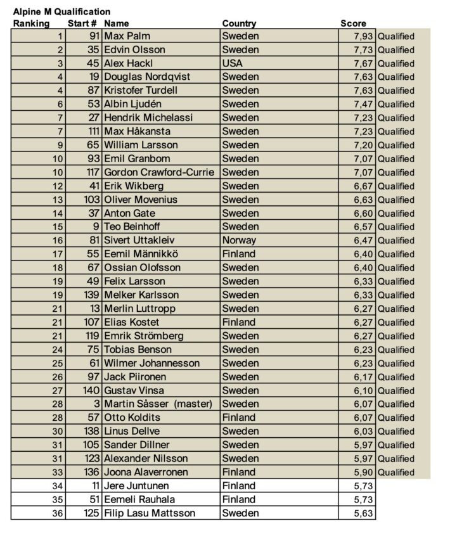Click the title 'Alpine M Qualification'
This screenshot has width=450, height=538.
point(61,12)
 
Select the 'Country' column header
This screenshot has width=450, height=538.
point(239,23)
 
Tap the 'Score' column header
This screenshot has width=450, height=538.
point(353,23)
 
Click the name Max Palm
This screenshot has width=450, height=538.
point(127,36)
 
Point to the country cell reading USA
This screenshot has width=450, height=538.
point(232,63)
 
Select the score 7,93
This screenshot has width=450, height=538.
point(364,36)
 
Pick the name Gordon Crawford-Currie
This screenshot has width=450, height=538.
point(160,172)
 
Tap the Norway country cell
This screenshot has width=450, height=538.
point(239,240)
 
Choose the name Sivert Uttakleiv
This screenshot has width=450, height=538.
point(139,240)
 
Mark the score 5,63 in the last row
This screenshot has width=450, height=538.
point(364,513)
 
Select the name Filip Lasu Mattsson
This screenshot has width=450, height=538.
point(150,513)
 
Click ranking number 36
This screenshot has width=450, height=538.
point(58,513)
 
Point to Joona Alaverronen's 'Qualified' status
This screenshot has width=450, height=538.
point(396,472)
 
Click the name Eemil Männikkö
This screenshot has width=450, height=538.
point(141,254)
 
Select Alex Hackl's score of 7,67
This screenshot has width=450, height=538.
point(364,63)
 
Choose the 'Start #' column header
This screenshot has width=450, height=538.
point(82,23)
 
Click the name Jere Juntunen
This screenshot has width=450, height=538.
point(135,486)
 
